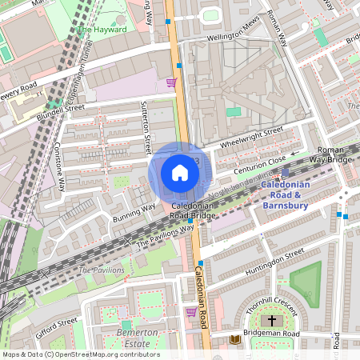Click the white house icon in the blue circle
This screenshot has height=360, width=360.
coord(180,173)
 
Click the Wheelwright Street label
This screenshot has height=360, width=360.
coord(252,137)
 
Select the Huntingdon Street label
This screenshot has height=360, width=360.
coord(272,263)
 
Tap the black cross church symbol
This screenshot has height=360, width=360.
coord(272,320)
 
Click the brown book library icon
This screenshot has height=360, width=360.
coord(235,339)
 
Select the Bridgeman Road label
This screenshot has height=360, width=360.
coord(272,334)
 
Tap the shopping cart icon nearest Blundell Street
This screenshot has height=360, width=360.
coord(170,82)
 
